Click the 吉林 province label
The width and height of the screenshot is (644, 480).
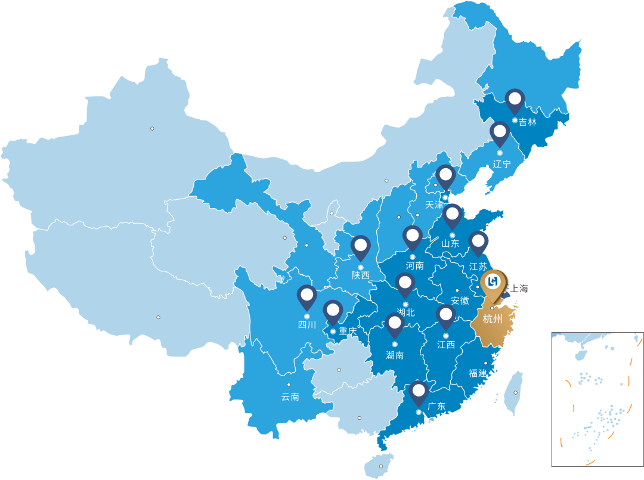click(x=528, y=122)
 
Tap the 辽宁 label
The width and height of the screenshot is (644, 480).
click(x=502, y=164)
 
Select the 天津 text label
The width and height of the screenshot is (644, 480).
click(x=434, y=205)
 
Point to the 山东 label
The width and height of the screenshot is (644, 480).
click(x=450, y=243)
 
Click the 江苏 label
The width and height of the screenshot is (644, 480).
click(x=478, y=267)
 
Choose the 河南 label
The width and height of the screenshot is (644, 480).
click(x=414, y=265)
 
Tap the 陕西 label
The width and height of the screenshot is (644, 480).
click(x=360, y=275)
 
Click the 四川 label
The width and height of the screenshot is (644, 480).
click(x=307, y=325)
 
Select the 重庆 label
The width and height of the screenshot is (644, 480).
click(x=347, y=331)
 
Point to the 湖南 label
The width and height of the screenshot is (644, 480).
click(x=395, y=355)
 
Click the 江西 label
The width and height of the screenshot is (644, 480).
click(x=446, y=345)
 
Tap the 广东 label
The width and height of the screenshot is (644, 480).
click(x=436, y=407)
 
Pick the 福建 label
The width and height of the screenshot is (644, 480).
click(x=478, y=373)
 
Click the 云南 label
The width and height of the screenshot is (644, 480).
click(x=290, y=397)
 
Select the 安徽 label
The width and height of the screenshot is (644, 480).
click(x=460, y=301)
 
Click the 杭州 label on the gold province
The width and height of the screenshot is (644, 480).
click(x=493, y=319)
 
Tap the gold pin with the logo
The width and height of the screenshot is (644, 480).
click(x=493, y=281)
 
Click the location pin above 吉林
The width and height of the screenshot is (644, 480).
click(x=515, y=100)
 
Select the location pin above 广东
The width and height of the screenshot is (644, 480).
click(x=419, y=391)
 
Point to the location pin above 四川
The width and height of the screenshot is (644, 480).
click(x=306, y=296)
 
